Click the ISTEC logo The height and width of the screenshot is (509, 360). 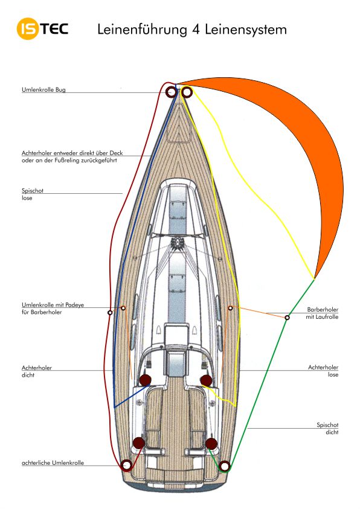point(42,29)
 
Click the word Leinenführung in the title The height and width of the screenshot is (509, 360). point(143,30)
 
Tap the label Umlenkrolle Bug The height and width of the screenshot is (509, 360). point(43,89)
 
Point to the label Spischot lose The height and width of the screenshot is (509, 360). point(32,194)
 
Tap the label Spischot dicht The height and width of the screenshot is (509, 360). point(327,429)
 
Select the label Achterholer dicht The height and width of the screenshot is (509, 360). point(37,371)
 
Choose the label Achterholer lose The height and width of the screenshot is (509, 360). point(323,371)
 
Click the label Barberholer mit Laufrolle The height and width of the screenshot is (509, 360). point(322,313)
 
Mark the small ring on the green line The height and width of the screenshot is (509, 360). point(287,318)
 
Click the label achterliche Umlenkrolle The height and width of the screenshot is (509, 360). point(53,463)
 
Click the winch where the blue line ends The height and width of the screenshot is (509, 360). point(145,380)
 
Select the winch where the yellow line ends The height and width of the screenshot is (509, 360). point(206,380)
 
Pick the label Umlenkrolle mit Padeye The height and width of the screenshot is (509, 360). point(53,309)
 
